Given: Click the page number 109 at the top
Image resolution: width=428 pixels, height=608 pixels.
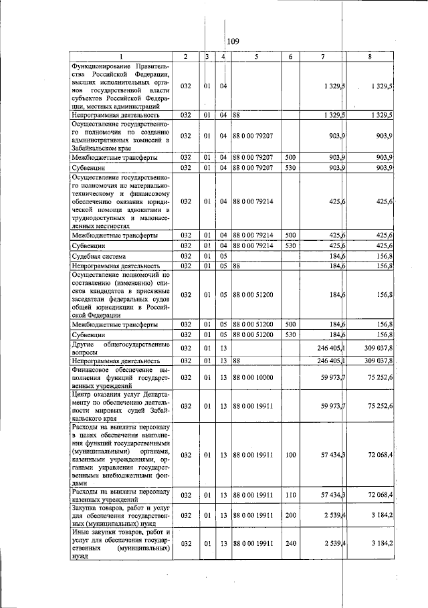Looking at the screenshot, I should [x=233, y=42].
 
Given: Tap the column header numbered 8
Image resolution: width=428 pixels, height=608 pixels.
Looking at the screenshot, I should [x=370, y=57].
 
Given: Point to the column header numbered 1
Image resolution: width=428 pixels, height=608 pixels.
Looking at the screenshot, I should [x=121, y=57].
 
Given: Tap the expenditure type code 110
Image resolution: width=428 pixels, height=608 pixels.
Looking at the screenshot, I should [x=290, y=495].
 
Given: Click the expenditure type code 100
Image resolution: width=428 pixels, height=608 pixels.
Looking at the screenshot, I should [x=290, y=455].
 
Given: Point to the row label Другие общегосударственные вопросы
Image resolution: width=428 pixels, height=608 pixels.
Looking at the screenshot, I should [x=121, y=348].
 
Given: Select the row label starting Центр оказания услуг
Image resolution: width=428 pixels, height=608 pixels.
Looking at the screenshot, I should [x=121, y=406].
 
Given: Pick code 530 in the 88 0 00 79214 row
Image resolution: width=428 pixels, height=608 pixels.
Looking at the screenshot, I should [x=290, y=245].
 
